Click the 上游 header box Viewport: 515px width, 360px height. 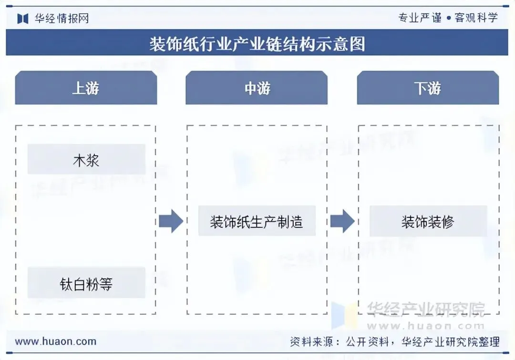tap(86, 88)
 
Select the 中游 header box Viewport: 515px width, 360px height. tap(257, 88)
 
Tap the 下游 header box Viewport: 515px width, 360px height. tap(428, 88)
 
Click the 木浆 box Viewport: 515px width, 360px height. tap(86, 160)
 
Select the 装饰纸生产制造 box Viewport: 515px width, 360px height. tap(257, 221)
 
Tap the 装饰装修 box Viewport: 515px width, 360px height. tap(428, 221)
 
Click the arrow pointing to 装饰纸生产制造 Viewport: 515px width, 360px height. tap(171, 221)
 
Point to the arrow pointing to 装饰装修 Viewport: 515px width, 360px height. tap(342, 221)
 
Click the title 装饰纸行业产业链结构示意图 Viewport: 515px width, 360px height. tap(257, 44)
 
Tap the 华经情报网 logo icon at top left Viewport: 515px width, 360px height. tap(23, 19)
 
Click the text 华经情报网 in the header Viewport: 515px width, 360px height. tap(62, 19)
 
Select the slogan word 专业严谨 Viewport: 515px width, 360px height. tap(420, 18)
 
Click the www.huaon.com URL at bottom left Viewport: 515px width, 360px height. tap(56, 341)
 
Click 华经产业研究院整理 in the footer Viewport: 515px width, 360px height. tap(450, 342)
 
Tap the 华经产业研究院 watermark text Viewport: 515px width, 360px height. tap(425, 309)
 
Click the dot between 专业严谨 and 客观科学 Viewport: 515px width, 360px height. tap(448, 19)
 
